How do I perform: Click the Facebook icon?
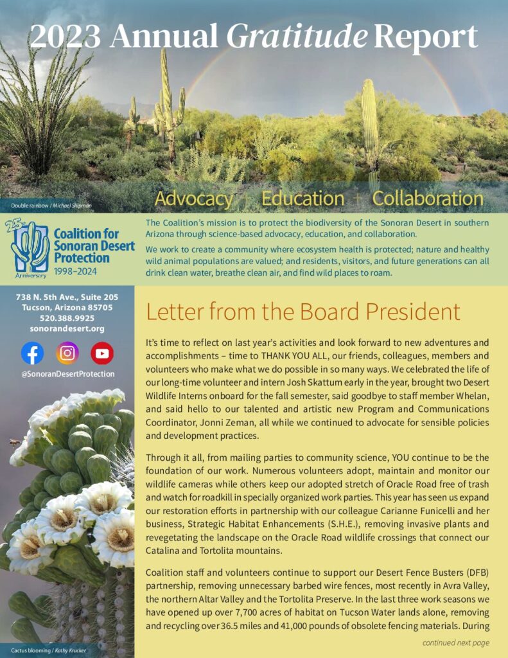click(x=33, y=353)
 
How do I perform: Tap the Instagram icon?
click(x=67, y=353)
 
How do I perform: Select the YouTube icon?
click(x=102, y=353)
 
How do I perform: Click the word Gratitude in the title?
click(x=297, y=37)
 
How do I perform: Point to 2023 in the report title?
click(x=66, y=37)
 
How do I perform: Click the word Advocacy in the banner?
click(x=193, y=198)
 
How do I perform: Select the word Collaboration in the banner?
click(x=428, y=198)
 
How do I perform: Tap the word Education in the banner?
click(x=302, y=198)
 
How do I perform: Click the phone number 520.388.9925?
click(x=67, y=317)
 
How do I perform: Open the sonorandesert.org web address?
click(x=67, y=328)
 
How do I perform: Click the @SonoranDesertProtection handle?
click(x=67, y=373)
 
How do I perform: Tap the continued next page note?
click(x=455, y=643)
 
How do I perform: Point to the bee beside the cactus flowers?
click(x=14, y=443)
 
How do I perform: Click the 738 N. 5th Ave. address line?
click(x=67, y=297)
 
